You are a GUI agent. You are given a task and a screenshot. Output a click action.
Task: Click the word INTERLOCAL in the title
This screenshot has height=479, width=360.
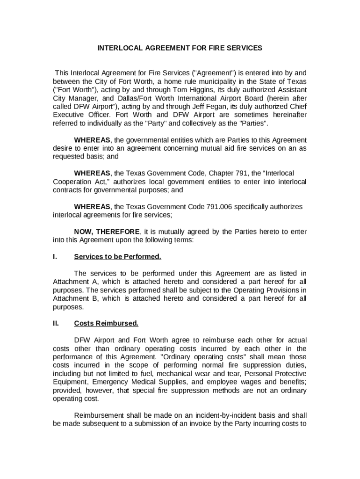[117, 48]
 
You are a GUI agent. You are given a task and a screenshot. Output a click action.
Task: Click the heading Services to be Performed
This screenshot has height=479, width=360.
[117, 257]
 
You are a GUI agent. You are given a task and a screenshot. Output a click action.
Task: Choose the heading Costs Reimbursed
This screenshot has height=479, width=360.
[106, 323]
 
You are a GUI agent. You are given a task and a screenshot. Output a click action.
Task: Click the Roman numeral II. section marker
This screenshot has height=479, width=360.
[56, 323]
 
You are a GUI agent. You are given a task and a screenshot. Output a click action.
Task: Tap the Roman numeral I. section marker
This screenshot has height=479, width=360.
[55, 257]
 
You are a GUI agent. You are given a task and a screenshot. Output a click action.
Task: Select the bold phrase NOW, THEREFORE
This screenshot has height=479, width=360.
[107, 232]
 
